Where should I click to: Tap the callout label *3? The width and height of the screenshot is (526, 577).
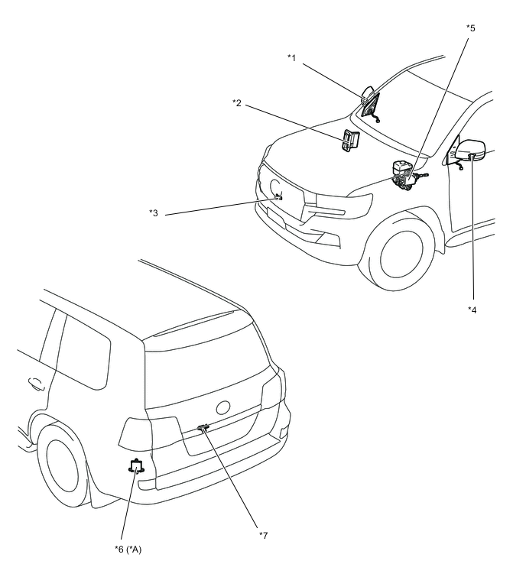[153, 212]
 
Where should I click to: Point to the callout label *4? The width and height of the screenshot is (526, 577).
[472, 310]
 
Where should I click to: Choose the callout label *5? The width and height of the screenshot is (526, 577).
[470, 28]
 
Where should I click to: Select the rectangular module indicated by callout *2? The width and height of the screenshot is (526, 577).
[350, 141]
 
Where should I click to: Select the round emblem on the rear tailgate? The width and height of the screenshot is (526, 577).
[223, 407]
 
